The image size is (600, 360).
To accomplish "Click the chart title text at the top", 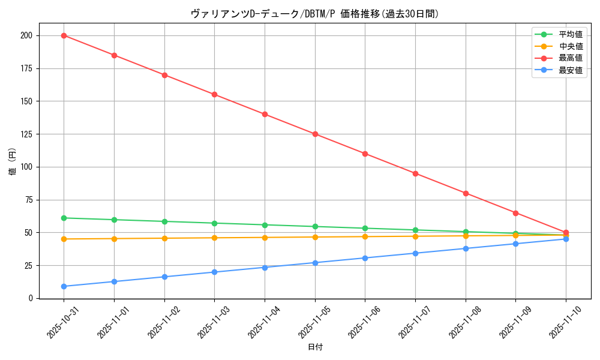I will [315, 14].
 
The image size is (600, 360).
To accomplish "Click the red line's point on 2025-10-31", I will [64, 35].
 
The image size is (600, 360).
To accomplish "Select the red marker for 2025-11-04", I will [265, 114].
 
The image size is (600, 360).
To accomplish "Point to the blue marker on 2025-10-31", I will [64, 286].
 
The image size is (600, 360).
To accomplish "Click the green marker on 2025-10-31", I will [64, 218].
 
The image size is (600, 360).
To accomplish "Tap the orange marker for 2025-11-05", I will [315, 237].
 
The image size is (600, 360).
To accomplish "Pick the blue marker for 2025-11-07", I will [415, 253].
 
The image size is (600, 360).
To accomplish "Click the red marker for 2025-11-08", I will [466, 193].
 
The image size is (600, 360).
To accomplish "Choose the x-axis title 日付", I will [315, 347].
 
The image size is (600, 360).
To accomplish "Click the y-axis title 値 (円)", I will [13, 161].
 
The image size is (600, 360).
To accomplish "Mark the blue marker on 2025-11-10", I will [566, 239].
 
